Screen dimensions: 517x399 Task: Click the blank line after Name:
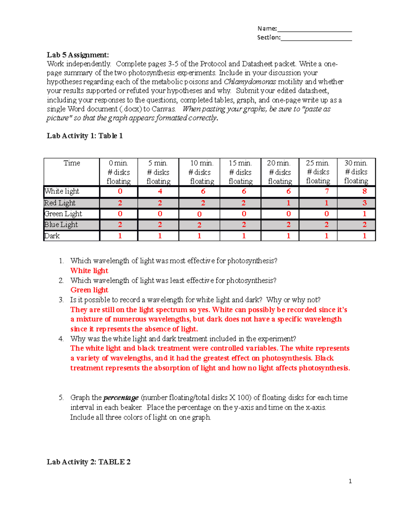(314, 29)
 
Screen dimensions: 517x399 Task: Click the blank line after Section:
(316, 38)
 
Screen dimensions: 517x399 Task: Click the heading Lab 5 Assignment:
(78, 55)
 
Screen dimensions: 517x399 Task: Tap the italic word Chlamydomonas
(250, 82)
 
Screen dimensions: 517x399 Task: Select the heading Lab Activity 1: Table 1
(85, 136)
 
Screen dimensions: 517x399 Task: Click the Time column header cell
(72, 163)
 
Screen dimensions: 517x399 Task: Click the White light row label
(62, 191)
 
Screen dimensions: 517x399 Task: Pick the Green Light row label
(63, 214)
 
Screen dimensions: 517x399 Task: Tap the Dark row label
(52, 236)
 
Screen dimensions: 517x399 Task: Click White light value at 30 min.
(364, 191)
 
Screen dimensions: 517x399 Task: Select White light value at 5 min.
(160, 191)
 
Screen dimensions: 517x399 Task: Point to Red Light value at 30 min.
(364, 203)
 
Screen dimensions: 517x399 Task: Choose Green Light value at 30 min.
(364, 214)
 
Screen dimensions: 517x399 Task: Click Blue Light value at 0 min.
(120, 225)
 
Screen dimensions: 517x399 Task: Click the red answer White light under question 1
(89, 271)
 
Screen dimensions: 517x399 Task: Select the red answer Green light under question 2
(89, 290)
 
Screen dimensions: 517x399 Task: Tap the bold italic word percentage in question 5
(121, 398)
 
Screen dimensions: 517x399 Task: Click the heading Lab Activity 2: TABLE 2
(88, 462)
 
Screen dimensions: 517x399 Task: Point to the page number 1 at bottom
(350, 481)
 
